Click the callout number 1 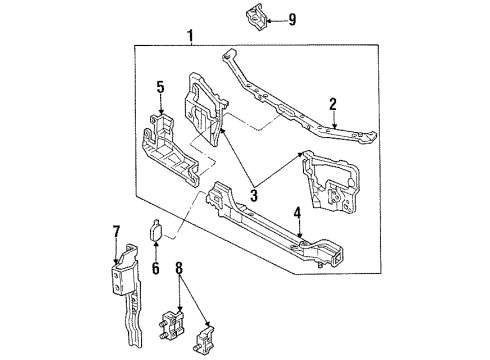pyautogui.click(x=190, y=36)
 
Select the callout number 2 pyautogui.click(x=333, y=104)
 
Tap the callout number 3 pyautogui.click(x=254, y=195)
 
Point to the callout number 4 pyautogui.click(x=297, y=213)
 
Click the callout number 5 pyautogui.click(x=161, y=88)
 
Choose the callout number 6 pyautogui.click(x=156, y=268)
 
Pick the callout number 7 pyautogui.click(x=116, y=231)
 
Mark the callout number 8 pyautogui.click(x=179, y=268)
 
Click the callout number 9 pyautogui.click(x=292, y=20)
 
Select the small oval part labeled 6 pyautogui.click(x=156, y=230)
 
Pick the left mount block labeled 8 pyautogui.click(x=172, y=325)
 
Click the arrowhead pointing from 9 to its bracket pyautogui.click(x=269, y=21)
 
